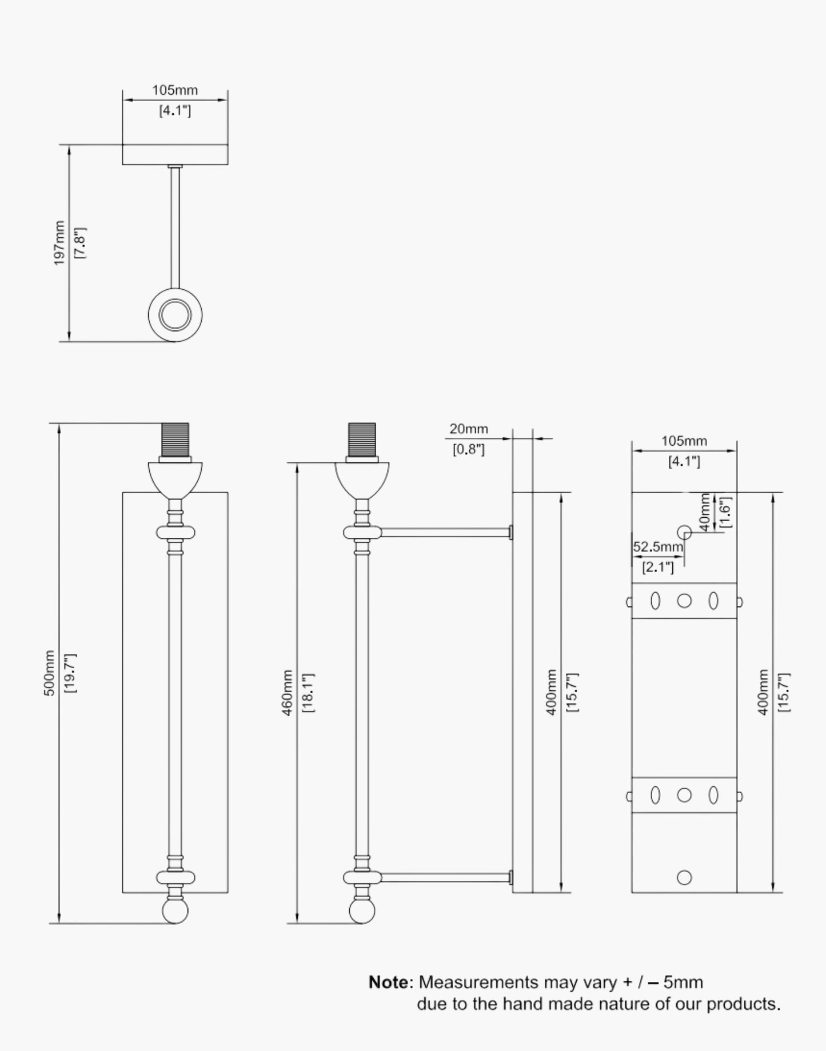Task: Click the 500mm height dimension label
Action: (50, 673)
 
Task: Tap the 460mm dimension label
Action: (288, 693)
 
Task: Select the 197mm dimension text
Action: (59, 243)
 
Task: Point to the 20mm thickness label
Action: (468, 429)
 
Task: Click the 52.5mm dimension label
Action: (658, 546)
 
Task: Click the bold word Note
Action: (389, 982)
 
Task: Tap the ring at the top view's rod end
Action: (175, 314)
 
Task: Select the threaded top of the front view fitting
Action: (175, 439)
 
